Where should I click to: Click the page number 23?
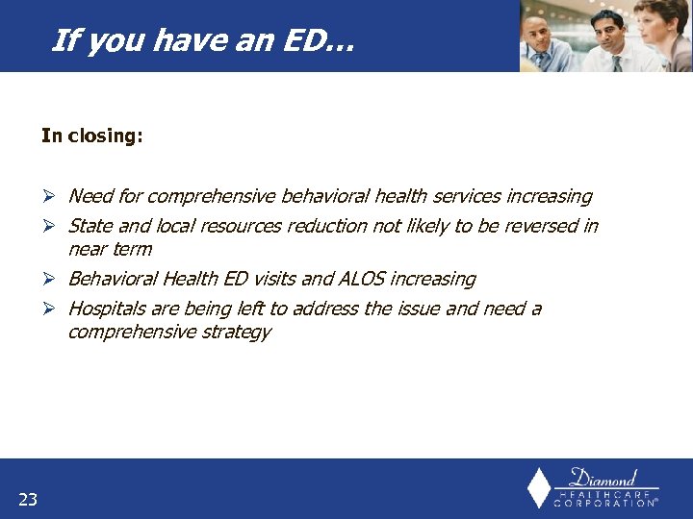[x=27, y=498]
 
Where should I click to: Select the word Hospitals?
[x=107, y=309]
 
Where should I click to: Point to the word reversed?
[x=545, y=227]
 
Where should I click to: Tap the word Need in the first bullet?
[x=90, y=197]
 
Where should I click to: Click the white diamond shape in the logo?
[x=540, y=487]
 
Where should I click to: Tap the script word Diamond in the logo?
[x=603, y=478]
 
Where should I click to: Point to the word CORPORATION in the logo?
[x=603, y=503]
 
